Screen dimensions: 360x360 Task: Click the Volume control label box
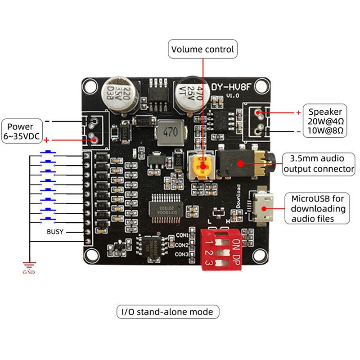point(203,49)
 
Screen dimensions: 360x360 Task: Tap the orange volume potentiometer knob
point(202,167)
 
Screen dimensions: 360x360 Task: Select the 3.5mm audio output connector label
point(319,164)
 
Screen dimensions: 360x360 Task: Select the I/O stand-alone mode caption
point(168,311)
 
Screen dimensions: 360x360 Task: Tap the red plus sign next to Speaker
point(298,112)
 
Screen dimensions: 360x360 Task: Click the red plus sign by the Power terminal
point(45,140)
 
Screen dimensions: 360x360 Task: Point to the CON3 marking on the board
point(182,255)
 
